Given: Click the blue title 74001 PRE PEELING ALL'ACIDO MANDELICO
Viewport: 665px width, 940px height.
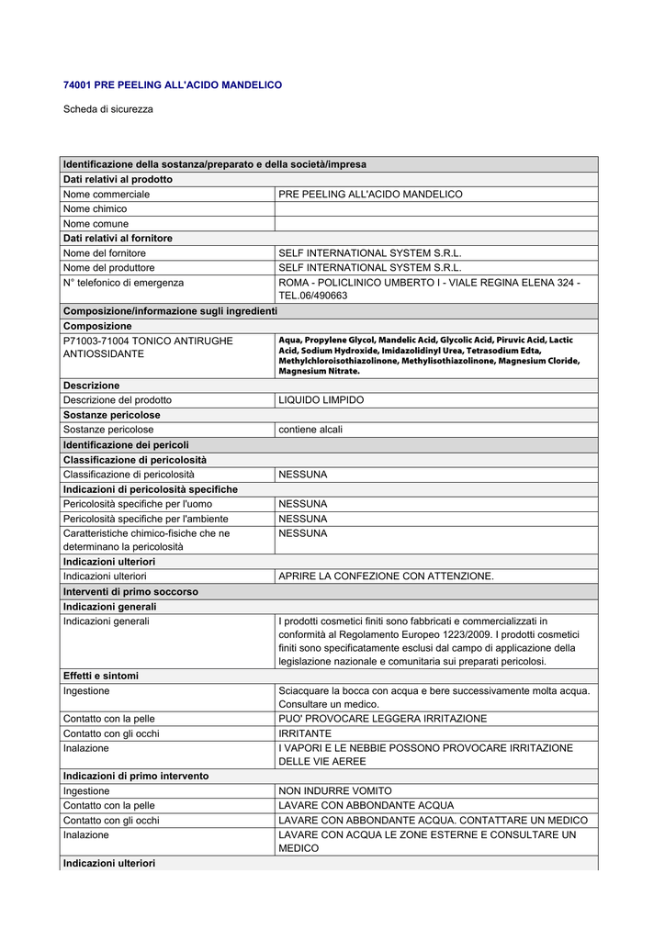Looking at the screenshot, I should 172,84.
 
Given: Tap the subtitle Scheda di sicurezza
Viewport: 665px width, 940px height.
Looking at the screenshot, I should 107,109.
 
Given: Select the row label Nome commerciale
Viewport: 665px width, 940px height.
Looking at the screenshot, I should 106,195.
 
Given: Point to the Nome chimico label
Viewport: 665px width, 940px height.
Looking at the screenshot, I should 95,209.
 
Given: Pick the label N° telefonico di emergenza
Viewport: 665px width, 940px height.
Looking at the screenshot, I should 123,283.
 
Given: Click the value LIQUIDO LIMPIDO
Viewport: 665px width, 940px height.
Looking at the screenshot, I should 321,400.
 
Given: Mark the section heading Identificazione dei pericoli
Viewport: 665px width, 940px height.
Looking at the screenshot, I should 126,444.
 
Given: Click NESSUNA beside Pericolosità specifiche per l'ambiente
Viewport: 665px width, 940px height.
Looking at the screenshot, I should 302,519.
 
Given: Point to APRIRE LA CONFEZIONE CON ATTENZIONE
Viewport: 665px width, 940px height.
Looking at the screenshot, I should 386,576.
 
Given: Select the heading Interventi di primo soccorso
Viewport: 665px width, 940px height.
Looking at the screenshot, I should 130,592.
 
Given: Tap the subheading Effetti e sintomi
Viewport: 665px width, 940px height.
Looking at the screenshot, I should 101,676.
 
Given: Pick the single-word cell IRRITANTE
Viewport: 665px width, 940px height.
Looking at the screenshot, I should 305,733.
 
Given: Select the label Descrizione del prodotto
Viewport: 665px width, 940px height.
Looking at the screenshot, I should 117,400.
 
